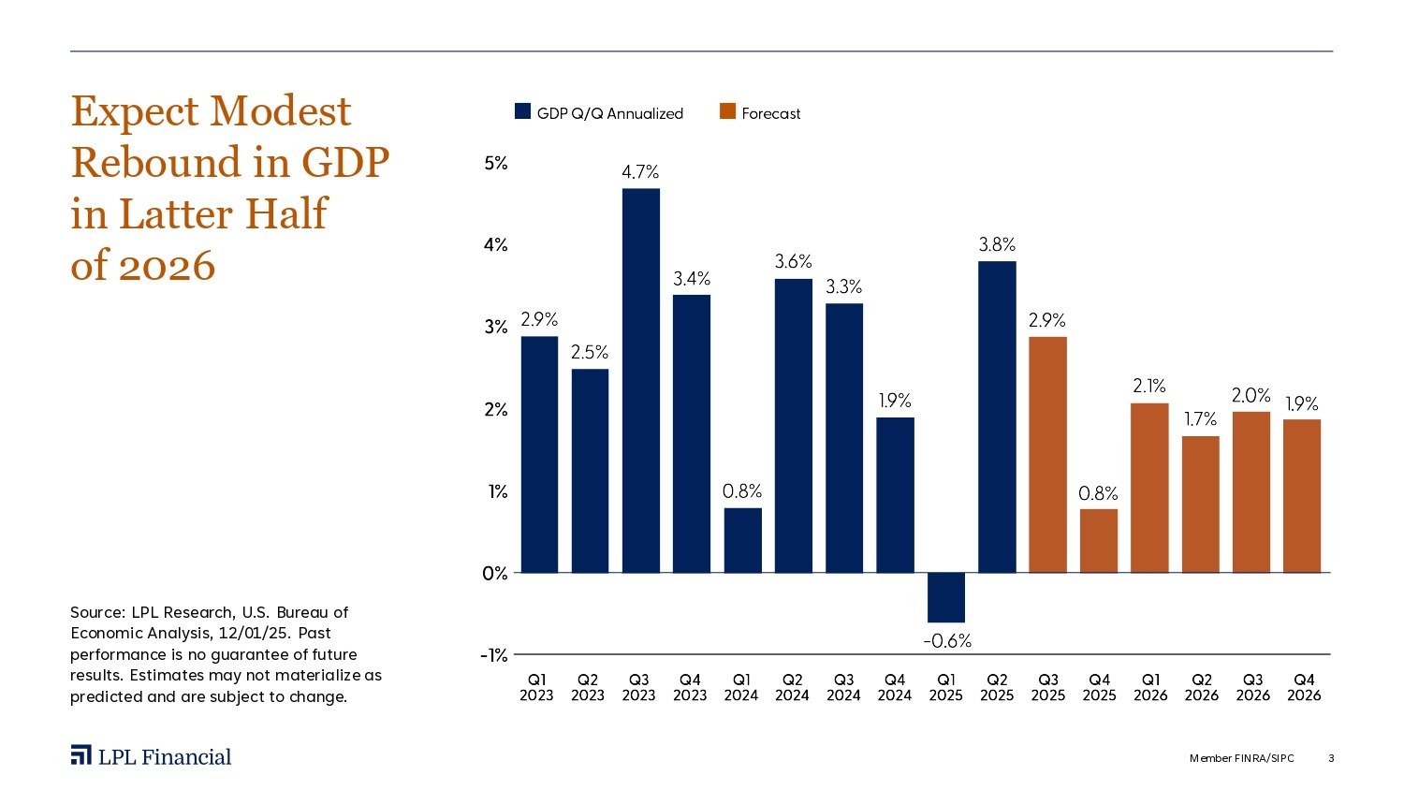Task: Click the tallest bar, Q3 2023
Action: [x=640, y=380]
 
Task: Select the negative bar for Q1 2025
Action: [x=946, y=597]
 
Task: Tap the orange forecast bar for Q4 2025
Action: [x=1099, y=540]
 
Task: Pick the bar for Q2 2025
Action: [x=997, y=417]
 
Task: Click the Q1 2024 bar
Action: [x=742, y=540]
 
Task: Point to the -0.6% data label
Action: [x=947, y=641]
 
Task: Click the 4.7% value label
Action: [x=640, y=172]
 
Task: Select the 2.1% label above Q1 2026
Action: [x=1149, y=386]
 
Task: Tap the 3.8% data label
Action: [x=997, y=244]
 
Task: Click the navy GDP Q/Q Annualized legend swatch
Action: [x=523, y=112]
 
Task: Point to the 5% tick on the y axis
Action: [x=496, y=163]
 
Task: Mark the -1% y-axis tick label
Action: [x=494, y=655]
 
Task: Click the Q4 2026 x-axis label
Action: [x=1304, y=687]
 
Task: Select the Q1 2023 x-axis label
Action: [x=536, y=687]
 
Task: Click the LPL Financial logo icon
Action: [x=81, y=755]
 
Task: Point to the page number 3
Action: [x=1331, y=758]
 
